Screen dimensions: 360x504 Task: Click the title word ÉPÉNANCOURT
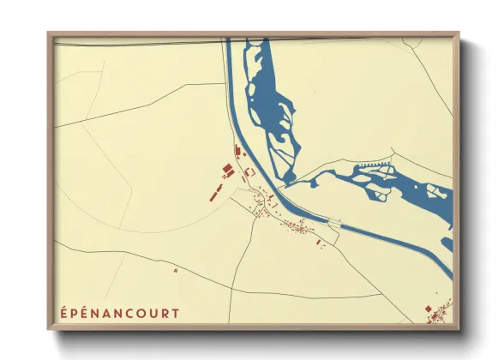[121, 313]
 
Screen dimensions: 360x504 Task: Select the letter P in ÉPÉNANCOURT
[75, 313]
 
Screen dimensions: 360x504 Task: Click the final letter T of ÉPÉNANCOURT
[176, 313]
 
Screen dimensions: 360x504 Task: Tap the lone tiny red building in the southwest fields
[176, 270]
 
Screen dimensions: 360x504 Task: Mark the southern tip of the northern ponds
[290, 180]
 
